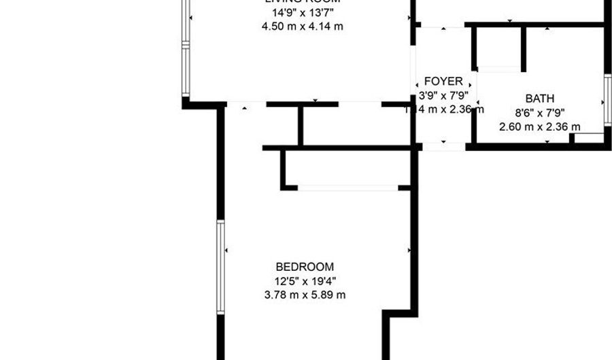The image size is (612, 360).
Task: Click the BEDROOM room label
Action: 305,267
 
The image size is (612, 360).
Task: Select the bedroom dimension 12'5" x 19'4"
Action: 305,281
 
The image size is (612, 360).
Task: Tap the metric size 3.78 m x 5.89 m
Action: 305,295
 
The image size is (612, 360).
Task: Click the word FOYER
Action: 443,82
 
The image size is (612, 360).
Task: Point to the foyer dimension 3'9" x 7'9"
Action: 443,96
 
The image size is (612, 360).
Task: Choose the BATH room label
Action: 539,99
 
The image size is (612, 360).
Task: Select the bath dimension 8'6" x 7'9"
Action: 539,113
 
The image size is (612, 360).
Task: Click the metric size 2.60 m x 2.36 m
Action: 539,127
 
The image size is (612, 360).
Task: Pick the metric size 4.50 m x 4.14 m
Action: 302,27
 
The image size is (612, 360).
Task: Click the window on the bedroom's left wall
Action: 220,267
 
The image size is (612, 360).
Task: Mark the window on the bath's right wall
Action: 607,102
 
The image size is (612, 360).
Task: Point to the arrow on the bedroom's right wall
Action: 409,251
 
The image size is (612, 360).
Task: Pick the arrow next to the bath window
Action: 600,102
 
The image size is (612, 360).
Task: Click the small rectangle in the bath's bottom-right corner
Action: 588,137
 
